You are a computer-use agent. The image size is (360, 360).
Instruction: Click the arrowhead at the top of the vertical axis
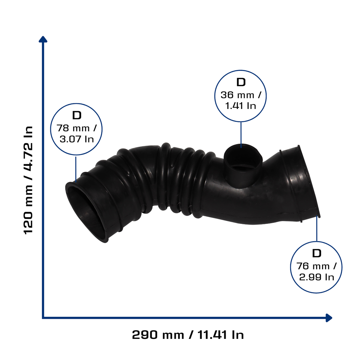(x=43, y=39)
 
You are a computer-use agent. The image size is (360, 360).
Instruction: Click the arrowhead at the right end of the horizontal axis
(x=329, y=318)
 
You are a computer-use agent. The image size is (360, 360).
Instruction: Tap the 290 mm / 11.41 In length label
(x=188, y=335)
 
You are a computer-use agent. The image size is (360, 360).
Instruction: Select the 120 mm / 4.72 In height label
(x=28, y=180)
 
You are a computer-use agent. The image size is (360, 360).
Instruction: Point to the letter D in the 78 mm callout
(x=77, y=115)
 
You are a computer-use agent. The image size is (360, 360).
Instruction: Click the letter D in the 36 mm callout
(x=241, y=82)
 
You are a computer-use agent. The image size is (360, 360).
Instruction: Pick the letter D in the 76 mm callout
(x=317, y=253)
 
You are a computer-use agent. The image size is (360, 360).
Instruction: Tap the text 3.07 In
(x=77, y=139)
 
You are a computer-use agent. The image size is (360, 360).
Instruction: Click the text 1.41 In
(x=240, y=106)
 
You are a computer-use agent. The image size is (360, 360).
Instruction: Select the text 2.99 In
(x=316, y=277)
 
